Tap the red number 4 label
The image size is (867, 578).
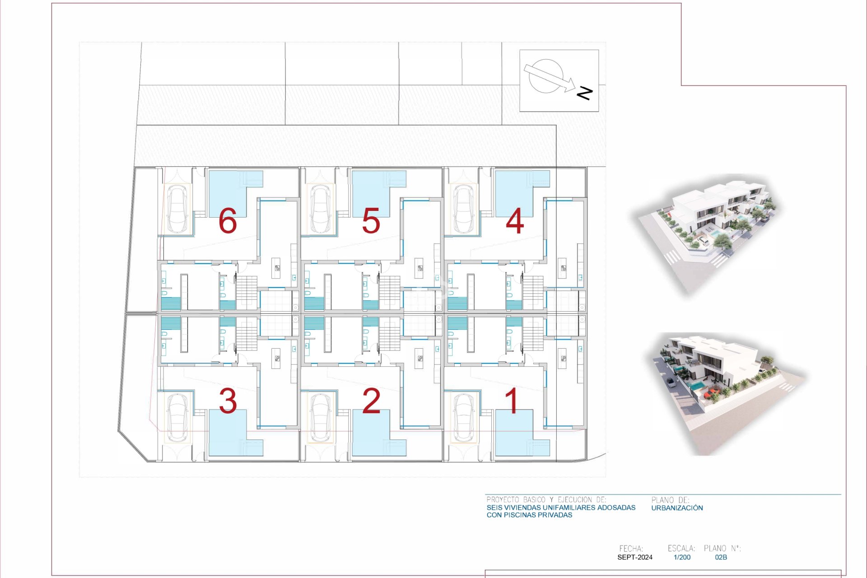click(515, 222)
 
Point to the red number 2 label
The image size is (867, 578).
click(371, 401)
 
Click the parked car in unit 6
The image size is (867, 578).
click(177, 209)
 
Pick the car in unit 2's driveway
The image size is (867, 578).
click(320, 418)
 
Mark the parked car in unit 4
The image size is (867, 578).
click(463, 209)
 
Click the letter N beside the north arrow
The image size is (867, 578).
click(584, 93)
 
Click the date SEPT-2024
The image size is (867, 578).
click(634, 557)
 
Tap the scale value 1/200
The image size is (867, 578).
click(682, 557)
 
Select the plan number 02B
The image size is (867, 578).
click(721, 557)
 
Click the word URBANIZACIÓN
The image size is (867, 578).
click(677, 508)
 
